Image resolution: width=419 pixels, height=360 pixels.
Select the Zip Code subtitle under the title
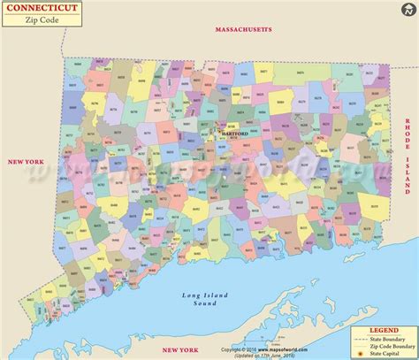pos(41,20)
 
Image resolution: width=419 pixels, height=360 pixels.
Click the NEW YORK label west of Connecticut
pos(26,138)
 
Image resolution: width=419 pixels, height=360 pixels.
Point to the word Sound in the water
pos(205,303)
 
